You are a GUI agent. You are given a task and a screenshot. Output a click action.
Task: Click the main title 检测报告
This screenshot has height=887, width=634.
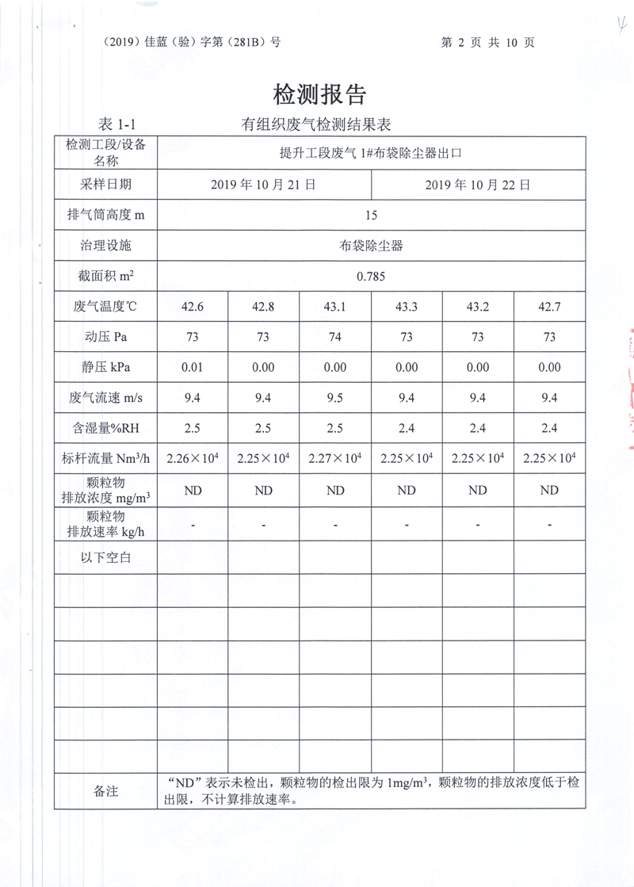tap(319, 95)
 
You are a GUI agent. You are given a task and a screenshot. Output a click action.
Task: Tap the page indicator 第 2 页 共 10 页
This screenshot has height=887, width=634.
tap(487, 42)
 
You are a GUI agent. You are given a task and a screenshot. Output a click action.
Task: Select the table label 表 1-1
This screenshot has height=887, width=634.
tap(117, 124)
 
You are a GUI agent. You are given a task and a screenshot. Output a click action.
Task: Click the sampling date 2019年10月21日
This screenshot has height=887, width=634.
tap(264, 185)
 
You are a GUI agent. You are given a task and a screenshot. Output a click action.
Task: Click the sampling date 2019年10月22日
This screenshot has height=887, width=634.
tap(477, 185)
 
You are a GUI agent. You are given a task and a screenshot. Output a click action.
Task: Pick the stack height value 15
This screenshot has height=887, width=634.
tap(371, 215)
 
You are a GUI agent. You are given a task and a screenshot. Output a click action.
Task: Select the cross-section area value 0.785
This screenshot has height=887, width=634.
tap(371, 276)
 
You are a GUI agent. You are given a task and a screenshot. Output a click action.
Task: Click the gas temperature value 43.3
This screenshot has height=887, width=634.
tap(407, 307)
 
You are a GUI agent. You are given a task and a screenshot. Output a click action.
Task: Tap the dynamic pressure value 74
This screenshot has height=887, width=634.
tap(335, 337)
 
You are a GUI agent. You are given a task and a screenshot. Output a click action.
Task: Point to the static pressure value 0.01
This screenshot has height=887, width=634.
tap(193, 367)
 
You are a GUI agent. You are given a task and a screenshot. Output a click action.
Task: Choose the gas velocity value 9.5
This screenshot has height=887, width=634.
tap(335, 398)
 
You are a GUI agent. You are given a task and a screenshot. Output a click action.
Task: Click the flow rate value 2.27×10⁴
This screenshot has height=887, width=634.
tap(335, 459)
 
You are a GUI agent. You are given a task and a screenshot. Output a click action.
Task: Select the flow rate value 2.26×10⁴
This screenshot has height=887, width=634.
tap(193, 459)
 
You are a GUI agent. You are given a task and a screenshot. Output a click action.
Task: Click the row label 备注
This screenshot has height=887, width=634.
tap(105, 791)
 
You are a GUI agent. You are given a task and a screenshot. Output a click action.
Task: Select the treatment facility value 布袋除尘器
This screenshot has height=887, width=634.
tap(371, 246)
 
